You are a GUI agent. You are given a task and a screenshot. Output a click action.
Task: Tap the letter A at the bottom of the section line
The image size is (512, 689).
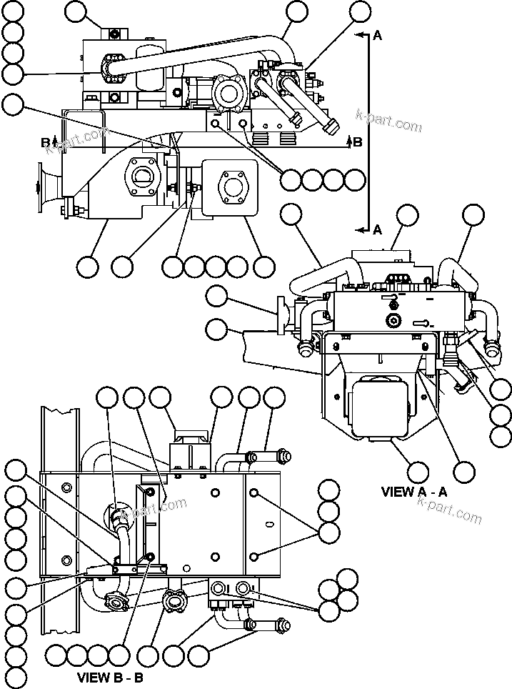[x=376, y=229]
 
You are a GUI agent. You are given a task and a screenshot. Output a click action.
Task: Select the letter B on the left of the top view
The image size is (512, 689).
[x=45, y=142]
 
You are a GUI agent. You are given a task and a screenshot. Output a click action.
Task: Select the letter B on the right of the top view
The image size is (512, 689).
[x=358, y=142]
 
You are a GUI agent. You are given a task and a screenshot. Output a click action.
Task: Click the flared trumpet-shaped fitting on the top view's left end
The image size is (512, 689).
[x=48, y=188]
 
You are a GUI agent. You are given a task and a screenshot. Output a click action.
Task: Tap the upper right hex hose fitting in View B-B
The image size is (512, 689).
[x=282, y=455]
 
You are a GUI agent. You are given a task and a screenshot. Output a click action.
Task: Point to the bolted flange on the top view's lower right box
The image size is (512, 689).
[x=232, y=187]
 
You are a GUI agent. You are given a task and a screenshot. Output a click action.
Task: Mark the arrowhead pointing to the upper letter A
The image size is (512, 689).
[x=358, y=34]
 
